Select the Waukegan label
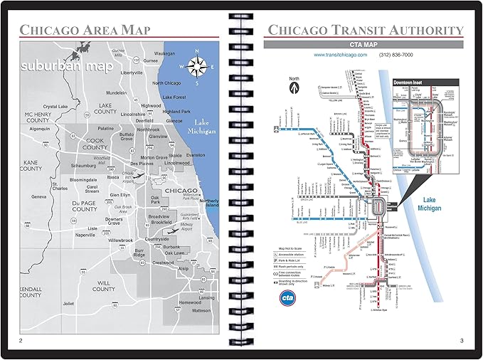pos(164,53)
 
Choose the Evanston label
pos(195,154)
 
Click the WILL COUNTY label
pos(103,286)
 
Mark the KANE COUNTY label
pos(31,165)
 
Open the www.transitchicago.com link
pos(339,55)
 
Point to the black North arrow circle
pos(293,88)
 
